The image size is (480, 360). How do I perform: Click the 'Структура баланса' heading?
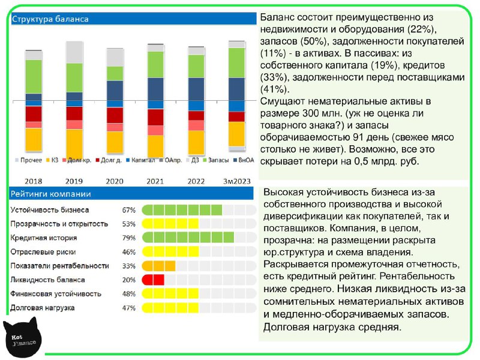point(50,19)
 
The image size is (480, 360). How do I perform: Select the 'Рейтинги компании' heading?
point(51,194)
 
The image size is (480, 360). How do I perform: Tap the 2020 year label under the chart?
point(115,181)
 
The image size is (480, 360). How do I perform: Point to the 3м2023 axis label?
point(236,181)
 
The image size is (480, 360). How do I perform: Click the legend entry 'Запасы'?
point(215,160)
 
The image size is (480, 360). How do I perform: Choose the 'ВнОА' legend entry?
point(244,160)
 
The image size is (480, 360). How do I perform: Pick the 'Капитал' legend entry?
point(140,160)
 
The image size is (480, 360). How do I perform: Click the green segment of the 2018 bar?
point(34,77)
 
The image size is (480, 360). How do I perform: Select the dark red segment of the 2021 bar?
point(156,117)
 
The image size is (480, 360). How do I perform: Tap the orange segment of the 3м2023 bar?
point(237,134)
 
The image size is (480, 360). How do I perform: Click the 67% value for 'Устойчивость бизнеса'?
point(128,210)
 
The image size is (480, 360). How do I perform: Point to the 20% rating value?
point(128,280)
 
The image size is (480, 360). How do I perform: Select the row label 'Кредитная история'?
point(43,238)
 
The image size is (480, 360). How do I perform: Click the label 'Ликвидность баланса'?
point(47,280)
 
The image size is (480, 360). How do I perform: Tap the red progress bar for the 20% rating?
point(153,280)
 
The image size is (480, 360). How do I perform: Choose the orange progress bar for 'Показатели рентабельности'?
point(158,266)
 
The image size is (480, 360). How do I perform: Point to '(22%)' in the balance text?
point(421,29)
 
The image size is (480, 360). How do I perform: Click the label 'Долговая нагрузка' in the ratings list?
point(43,308)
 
